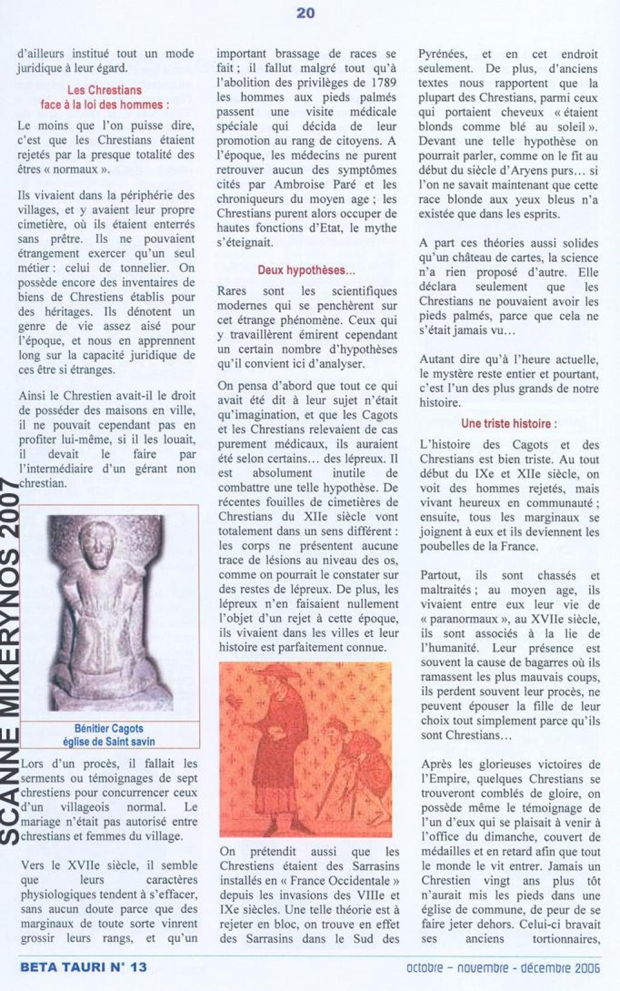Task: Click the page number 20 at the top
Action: pyautogui.click(x=305, y=13)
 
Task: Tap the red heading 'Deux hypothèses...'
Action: pyautogui.click(x=306, y=270)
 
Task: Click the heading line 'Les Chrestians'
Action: pyautogui.click(x=104, y=90)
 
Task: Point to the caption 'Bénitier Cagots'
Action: pyautogui.click(x=109, y=729)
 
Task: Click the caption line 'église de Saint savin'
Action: pyautogui.click(x=109, y=741)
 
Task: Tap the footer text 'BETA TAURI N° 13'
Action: pyautogui.click(x=84, y=967)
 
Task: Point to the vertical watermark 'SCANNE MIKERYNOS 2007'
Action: pyautogui.click(x=11, y=661)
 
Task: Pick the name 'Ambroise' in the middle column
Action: pyautogui.click(x=300, y=184)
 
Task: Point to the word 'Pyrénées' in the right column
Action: pyautogui.click(x=443, y=54)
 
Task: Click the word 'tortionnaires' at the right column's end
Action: pyautogui.click(x=566, y=939)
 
